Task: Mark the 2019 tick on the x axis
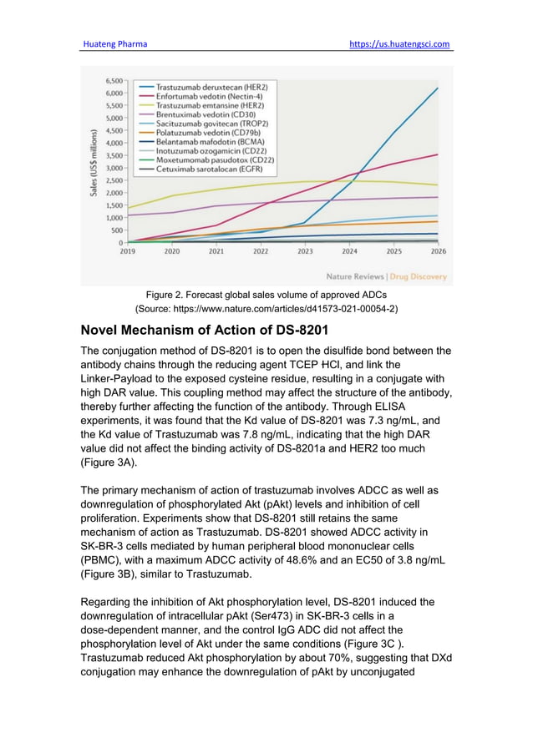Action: (x=128, y=250)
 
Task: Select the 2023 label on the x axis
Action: (x=306, y=250)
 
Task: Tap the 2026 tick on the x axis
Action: (x=439, y=250)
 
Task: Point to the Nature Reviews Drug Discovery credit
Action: (x=386, y=276)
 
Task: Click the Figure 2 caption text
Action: (x=266, y=295)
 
